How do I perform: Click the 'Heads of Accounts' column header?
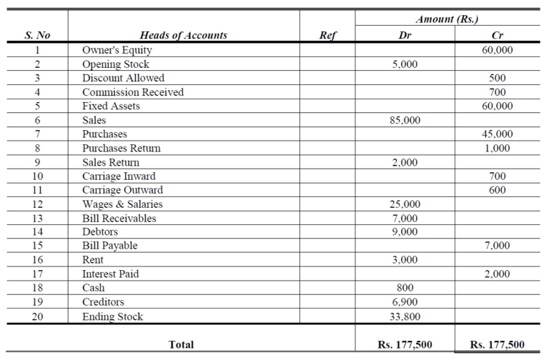pos(184,35)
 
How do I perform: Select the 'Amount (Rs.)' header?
pos(447,19)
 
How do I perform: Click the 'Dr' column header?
pos(405,35)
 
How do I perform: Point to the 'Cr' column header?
pos(498,35)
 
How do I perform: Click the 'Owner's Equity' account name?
pos(117,50)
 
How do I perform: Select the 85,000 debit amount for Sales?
pos(405,120)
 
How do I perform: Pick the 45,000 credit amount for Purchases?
pos(498,134)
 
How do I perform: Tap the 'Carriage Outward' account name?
pos(122,190)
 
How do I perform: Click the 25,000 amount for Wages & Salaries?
pos(405,204)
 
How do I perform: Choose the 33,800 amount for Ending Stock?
pos(405,316)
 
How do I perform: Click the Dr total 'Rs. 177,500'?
pos(405,345)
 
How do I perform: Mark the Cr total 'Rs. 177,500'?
pos(498,345)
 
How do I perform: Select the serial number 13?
pos(37,218)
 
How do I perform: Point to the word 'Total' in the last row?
pos(181,345)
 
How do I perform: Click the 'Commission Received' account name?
pos(133,92)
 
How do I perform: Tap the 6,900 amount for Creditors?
pos(405,302)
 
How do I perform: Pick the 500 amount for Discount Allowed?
pos(498,78)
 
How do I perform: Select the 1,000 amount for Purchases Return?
pos(498,148)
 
